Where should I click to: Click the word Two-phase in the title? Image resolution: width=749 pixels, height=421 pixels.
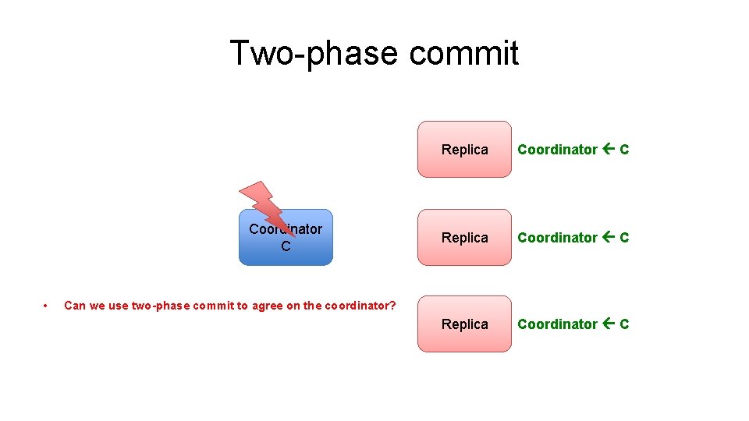click(x=314, y=53)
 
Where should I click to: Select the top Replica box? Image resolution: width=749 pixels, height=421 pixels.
click(x=464, y=149)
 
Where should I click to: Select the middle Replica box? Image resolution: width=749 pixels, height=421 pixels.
click(x=464, y=237)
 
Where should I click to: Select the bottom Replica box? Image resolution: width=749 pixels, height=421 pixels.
click(x=464, y=324)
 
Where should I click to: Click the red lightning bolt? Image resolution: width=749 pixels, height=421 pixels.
click(x=266, y=206)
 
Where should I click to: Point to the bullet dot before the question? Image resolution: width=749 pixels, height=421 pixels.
click(x=46, y=305)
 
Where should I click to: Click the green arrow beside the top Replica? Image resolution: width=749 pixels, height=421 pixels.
click(x=609, y=149)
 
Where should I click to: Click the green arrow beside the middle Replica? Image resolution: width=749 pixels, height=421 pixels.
click(x=609, y=237)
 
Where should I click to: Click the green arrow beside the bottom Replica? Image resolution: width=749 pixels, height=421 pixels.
click(x=609, y=324)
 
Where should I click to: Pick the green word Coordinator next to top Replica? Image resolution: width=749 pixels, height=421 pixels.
click(x=557, y=149)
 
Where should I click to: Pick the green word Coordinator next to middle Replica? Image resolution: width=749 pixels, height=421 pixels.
click(x=557, y=237)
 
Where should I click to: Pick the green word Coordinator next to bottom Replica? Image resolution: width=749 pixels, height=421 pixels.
click(x=557, y=324)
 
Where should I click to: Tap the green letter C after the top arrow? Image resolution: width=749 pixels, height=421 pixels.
click(x=624, y=149)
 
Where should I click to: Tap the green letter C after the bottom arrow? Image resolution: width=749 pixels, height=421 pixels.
click(x=624, y=324)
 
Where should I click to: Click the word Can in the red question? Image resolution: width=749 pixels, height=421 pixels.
click(x=74, y=305)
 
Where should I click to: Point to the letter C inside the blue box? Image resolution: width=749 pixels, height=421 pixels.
click(x=286, y=246)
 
